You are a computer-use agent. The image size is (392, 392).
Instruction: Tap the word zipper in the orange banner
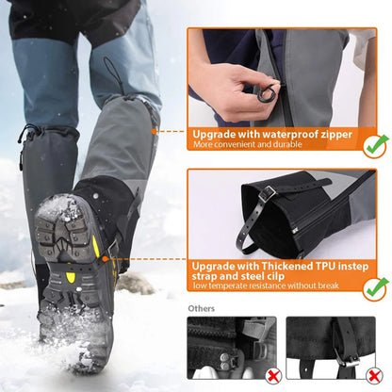[335, 134]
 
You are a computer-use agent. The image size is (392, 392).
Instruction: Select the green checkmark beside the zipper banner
[375, 144]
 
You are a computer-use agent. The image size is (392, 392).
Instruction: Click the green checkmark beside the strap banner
[375, 287]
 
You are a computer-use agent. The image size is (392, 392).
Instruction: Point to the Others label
[201, 308]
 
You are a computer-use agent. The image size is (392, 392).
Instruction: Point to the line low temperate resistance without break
[267, 286]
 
